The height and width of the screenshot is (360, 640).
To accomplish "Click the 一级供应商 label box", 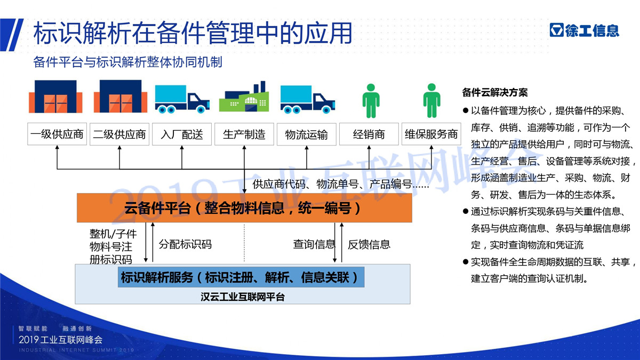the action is [x=57, y=134].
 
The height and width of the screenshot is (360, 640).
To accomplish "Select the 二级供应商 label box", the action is [x=119, y=134].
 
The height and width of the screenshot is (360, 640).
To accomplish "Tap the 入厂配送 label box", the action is [x=182, y=134].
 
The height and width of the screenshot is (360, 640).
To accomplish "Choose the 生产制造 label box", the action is [x=244, y=134].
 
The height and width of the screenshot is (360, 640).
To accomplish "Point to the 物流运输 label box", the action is [x=307, y=134].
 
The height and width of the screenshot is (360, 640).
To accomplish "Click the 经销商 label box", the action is [x=369, y=134].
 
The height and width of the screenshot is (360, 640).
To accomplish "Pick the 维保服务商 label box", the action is [x=431, y=134].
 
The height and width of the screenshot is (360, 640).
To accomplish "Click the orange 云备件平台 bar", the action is [x=244, y=207].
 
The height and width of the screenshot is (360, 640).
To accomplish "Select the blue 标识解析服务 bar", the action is [x=241, y=277].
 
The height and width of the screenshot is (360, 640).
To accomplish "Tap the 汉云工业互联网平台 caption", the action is [x=243, y=297].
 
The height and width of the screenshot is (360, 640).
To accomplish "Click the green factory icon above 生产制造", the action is [x=244, y=97].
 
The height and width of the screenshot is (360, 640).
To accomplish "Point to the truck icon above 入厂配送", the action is [x=182, y=99].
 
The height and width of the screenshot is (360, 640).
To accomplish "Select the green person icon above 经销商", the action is [x=371, y=101].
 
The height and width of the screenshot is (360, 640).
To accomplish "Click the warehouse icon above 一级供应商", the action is [x=55, y=97].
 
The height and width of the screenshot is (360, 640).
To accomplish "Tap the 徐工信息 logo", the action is [x=585, y=30].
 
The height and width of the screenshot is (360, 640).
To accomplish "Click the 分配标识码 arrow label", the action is [x=185, y=244].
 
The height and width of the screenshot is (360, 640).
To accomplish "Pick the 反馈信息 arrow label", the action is [x=369, y=244].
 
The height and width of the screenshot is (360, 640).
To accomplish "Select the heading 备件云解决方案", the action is [x=495, y=93].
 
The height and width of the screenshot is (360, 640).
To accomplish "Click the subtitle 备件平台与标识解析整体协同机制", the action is [x=127, y=62].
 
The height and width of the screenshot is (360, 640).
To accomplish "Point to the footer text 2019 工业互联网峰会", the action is [x=61, y=340].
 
